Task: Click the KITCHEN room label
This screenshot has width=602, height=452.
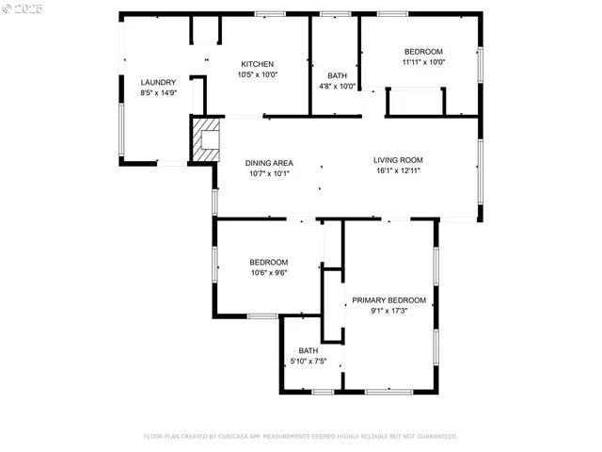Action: (257, 64)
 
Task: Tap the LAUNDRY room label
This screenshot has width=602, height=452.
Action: (158, 83)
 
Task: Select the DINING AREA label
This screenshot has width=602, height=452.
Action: (270, 163)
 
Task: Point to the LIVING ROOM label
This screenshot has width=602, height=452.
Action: (398, 160)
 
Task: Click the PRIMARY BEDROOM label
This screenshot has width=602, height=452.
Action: (388, 300)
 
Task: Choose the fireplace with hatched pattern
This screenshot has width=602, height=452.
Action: (206, 139)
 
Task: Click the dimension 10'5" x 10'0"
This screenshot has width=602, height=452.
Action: (257, 74)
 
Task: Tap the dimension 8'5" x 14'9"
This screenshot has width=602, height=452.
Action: (158, 93)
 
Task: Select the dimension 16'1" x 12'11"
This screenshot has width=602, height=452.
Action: (398, 170)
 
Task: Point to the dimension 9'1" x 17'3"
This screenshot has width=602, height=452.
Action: (388, 311)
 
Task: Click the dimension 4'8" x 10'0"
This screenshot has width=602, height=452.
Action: (337, 87)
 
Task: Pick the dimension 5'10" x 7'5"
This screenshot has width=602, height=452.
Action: (309, 361)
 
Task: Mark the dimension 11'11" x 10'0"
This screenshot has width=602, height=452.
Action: (423, 62)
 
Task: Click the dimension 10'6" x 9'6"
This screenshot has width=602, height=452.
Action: (269, 273)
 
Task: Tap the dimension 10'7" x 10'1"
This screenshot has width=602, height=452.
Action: (270, 173)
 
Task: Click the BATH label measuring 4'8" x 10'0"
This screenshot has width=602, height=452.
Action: (337, 76)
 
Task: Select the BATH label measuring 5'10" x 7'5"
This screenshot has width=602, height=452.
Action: (309, 350)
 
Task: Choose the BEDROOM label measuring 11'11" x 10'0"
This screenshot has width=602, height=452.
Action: (423, 52)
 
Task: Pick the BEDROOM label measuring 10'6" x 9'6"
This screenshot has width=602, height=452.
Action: (269, 263)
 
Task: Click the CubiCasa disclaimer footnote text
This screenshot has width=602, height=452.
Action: (300, 437)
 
